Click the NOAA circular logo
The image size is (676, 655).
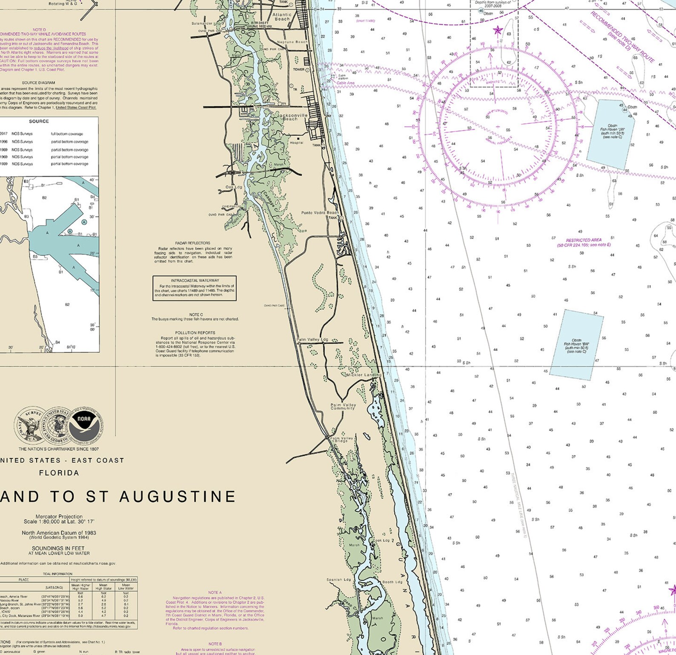point(87,424)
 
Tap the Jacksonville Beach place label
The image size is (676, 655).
point(292,117)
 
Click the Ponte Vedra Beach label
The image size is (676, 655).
point(320,212)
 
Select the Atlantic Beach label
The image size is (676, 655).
point(282,17)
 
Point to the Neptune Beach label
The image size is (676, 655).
point(292,42)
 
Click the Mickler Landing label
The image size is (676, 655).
point(363,375)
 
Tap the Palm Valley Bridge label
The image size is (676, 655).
point(341,439)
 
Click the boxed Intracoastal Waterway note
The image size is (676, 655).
point(195,288)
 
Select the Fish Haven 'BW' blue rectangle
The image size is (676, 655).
point(576,345)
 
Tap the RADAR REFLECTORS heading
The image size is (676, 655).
point(192,243)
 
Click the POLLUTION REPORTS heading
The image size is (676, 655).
point(195,333)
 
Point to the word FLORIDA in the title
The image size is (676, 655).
point(59,473)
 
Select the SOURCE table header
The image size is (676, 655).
point(39,121)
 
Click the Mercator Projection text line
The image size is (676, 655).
point(59,516)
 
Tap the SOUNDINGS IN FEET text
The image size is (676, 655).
point(59,548)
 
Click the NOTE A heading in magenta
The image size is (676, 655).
point(215,592)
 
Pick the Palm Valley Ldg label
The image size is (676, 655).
point(312,340)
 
